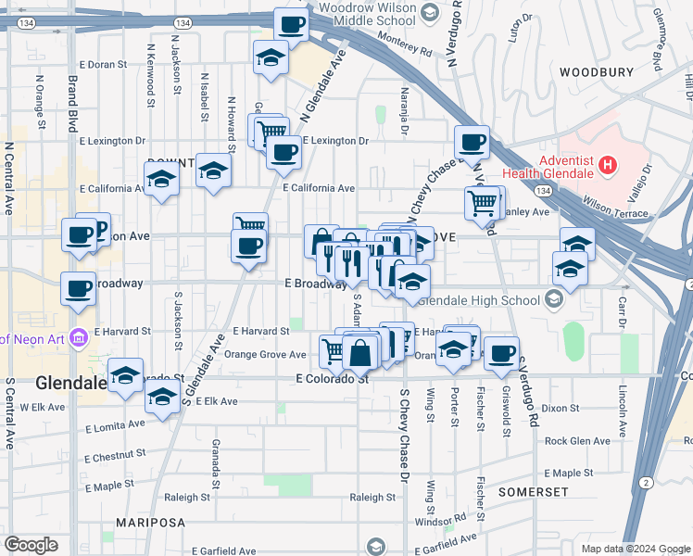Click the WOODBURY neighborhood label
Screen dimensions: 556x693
pos(596,71)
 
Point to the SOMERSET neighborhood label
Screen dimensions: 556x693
pos(533,491)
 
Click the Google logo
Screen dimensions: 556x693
pos(31,544)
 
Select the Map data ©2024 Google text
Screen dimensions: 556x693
pos(635,549)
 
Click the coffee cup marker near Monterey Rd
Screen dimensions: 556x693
pos(291,25)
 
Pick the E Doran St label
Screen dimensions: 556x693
pos(103,65)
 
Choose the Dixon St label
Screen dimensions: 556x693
pos(561,408)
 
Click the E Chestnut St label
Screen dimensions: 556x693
pos(115,456)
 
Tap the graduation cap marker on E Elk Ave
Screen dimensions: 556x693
pos(162,398)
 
